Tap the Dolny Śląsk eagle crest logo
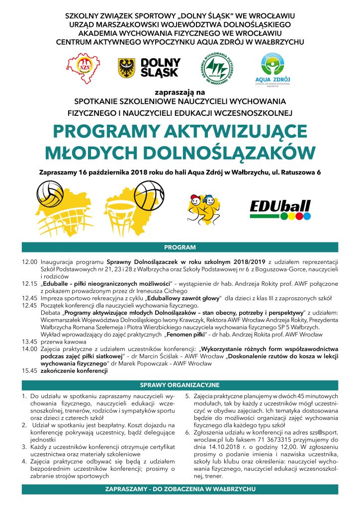pyautogui.click(x=126, y=67)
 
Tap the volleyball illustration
pyautogui.click(x=48, y=191)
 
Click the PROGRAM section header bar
pyautogui.click(x=180, y=247)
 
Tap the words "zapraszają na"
pyautogui.click(x=180, y=92)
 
